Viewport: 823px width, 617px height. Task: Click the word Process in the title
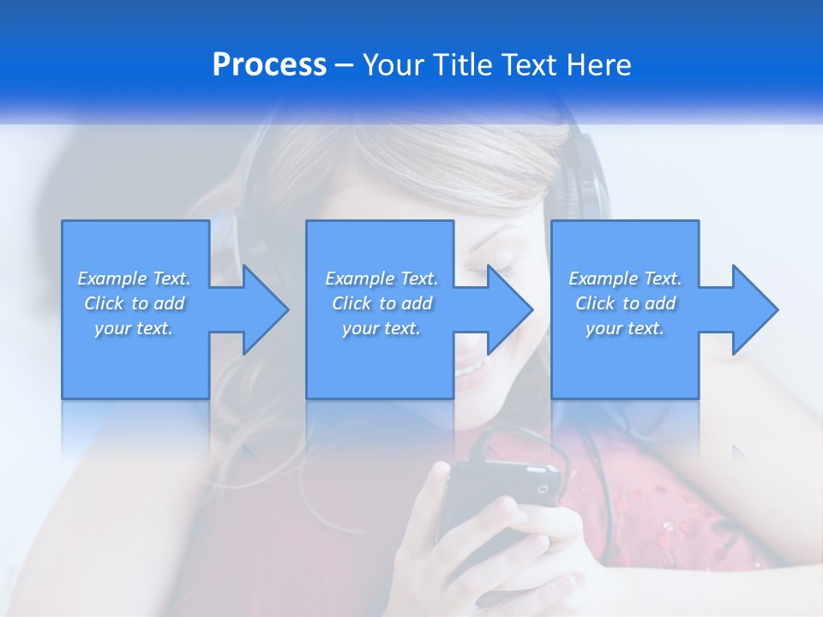[269, 65]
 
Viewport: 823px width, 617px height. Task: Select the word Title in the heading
[462, 65]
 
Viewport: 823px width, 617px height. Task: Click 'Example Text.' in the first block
[134, 279]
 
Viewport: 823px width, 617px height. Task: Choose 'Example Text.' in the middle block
[381, 279]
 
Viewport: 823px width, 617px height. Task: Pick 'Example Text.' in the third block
[625, 279]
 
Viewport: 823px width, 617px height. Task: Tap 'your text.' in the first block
[134, 328]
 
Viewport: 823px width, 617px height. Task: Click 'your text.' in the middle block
[381, 328]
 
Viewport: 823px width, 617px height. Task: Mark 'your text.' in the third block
[625, 328]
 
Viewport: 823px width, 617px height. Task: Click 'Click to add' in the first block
[134, 303]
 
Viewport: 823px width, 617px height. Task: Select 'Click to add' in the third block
[625, 303]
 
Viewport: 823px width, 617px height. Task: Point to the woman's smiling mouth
[470, 368]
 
